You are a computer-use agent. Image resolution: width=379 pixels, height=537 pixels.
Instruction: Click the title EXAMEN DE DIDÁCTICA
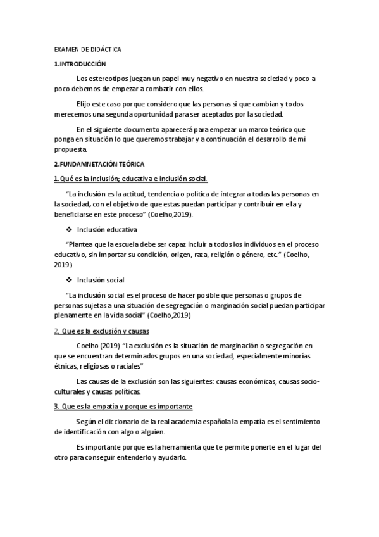[88, 49]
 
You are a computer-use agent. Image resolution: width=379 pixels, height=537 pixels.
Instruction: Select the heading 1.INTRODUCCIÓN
[80, 64]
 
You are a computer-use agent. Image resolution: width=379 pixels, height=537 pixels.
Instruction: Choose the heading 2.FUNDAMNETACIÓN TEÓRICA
[99, 164]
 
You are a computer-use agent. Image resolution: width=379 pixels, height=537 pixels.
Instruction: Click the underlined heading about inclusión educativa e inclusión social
[139, 179]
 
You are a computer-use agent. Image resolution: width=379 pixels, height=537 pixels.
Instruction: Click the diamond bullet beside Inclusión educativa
[69, 229]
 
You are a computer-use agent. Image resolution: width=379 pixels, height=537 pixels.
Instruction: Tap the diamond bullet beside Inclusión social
[69, 279]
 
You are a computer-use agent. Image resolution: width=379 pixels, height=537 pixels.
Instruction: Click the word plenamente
[74, 315]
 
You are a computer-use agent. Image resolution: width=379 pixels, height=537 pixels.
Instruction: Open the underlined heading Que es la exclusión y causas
[104, 331]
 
